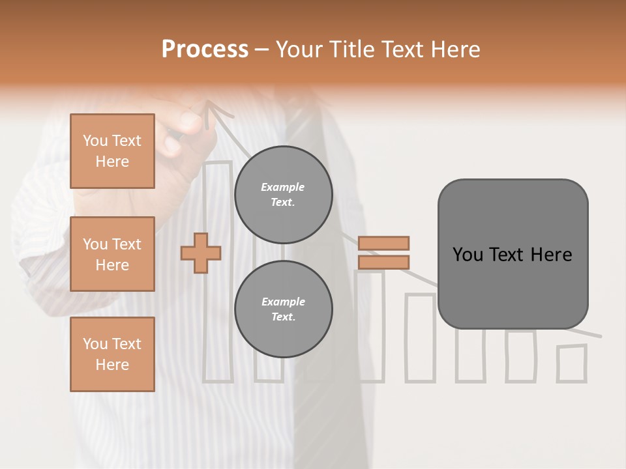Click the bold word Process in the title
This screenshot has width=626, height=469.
tap(205, 50)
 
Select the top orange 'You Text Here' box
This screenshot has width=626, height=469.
tap(112, 151)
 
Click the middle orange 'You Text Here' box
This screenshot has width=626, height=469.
tap(112, 254)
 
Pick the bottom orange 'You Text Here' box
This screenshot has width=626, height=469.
tap(112, 354)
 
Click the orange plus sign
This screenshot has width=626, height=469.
tap(201, 253)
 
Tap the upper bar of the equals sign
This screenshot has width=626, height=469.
tap(383, 243)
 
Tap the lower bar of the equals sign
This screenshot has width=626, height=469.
tap(383, 262)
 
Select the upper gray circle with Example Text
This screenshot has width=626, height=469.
tap(283, 194)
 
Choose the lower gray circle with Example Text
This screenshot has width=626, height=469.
tap(283, 309)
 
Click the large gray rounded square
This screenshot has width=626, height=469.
tap(513, 254)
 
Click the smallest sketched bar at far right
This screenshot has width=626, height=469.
tap(572, 363)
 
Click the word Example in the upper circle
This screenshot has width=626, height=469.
tap(282, 187)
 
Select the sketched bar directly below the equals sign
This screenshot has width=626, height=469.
tap(370, 326)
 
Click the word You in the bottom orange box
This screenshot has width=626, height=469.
tap(95, 343)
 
